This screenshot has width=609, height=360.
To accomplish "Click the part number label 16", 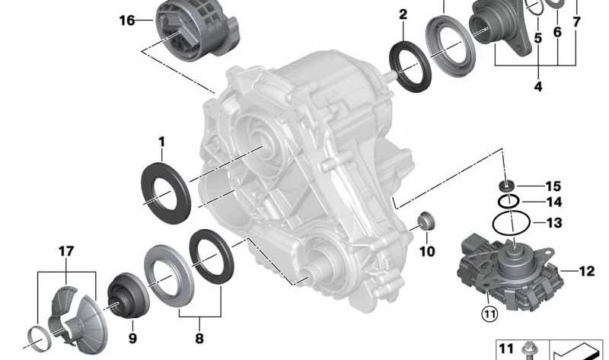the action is [127, 21].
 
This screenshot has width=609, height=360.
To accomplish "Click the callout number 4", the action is [538, 86].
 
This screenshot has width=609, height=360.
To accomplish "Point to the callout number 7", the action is [576, 22].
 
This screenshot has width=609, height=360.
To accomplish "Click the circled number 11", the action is [489, 313].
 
